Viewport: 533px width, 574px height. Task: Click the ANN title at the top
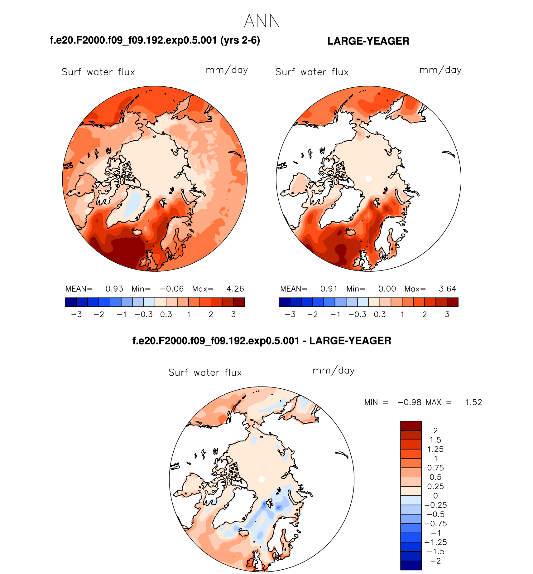[262, 21]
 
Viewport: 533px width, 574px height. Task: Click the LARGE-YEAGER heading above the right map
[368, 41]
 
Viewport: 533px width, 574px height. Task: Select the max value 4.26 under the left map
[235, 289]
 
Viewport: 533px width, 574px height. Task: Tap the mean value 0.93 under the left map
[114, 289]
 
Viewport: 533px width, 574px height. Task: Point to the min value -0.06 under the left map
[172, 289]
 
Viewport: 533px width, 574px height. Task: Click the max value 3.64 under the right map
[447, 289]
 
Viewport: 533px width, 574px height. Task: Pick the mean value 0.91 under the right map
[329, 289]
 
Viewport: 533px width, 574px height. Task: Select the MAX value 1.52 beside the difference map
[473, 402]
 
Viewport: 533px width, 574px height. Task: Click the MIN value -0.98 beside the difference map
[409, 402]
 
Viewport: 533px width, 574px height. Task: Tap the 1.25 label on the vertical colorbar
[435, 449]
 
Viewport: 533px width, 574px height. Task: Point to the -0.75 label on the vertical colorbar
[435, 523]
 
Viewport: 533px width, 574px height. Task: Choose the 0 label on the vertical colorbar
[435, 496]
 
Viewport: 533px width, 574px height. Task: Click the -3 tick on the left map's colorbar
[76, 314]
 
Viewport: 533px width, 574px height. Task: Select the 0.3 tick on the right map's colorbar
[380, 314]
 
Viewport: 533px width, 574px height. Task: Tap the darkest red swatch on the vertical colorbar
[411, 426]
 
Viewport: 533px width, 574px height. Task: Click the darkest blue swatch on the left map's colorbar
[71, 302]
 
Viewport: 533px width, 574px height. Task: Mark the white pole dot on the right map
[368, 179]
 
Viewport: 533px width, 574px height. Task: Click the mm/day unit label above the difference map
[334, 371]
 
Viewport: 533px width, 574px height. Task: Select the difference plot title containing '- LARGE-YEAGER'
[262, 341]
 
